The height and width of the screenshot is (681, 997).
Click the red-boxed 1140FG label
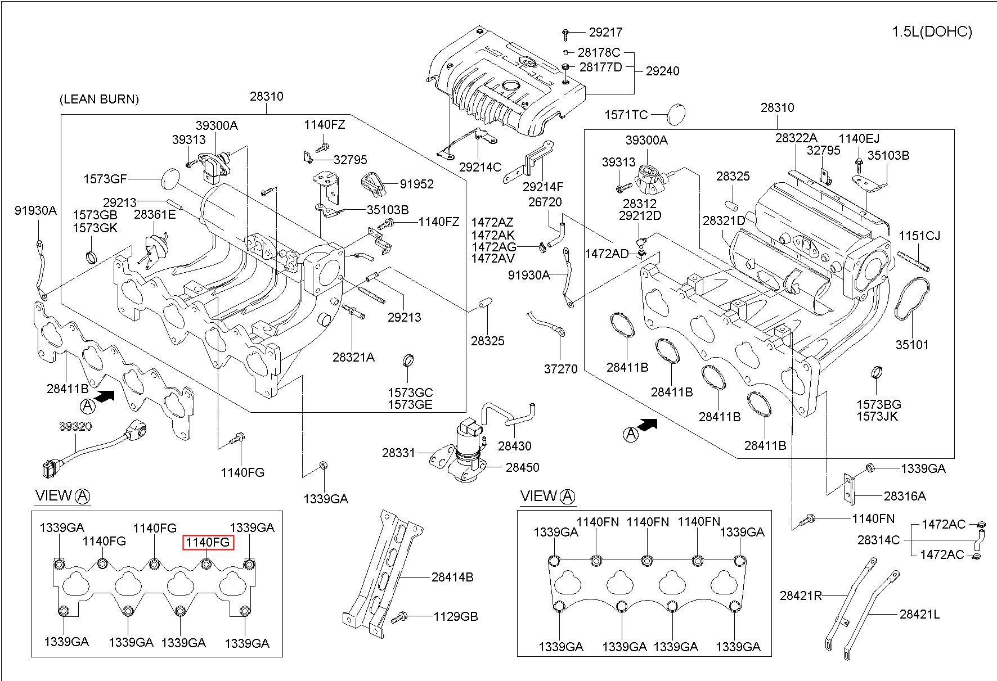tap(207, 542)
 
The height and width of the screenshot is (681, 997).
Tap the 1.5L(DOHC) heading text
tap(932, 32)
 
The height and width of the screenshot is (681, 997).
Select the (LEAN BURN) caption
tap(99, 100)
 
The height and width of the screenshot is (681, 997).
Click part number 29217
tap(606, 33)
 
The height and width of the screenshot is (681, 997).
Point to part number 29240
tap(662, 71)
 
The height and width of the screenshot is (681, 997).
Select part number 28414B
tap(452, 577)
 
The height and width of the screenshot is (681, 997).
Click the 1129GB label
tap(455, 616)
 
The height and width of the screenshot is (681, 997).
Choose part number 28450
tap(522, 467)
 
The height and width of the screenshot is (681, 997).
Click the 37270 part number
tap(560, 369)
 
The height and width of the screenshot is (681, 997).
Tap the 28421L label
tap(919, 615)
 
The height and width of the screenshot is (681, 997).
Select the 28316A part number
tap(905, 496)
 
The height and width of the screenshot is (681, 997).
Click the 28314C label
tap(879, 540)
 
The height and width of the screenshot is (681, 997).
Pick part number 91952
tap(417, 184)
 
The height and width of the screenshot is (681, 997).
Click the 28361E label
tap(155, 214)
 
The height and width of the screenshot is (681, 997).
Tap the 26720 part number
tap(545, 202)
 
